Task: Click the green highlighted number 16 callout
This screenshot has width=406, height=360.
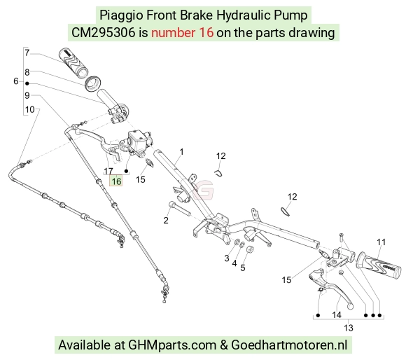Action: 116,181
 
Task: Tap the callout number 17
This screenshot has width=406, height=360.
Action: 108,171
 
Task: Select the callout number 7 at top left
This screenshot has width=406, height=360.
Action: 27,53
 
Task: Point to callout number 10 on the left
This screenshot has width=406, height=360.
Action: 30,109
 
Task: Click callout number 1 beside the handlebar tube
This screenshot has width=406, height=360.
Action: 182,152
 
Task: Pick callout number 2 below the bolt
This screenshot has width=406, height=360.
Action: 166,221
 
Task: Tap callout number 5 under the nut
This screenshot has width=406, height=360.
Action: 243,268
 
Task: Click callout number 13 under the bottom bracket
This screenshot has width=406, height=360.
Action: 349,328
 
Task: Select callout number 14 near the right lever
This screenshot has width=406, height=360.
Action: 337,315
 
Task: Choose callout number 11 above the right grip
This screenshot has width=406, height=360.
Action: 381,242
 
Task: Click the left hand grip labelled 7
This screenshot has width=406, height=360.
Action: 73,62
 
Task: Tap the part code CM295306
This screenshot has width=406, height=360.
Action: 104,33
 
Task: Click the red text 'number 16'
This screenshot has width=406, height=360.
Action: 182,33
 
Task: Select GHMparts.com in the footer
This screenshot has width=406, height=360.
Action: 172,345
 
